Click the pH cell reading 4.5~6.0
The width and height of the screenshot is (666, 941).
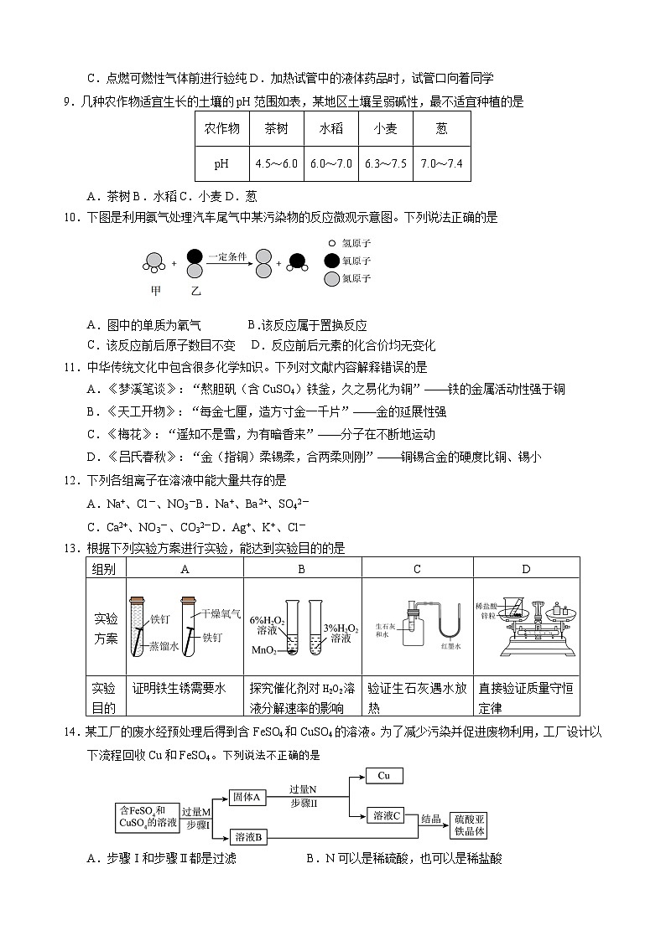277,163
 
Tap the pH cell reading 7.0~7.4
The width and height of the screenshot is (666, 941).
442,163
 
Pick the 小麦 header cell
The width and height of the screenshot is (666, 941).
386,129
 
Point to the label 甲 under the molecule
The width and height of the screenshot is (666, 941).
155,291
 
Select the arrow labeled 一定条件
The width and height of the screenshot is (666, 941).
227,263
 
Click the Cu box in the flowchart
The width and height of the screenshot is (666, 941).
384,776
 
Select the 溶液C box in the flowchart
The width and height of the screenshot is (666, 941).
388,815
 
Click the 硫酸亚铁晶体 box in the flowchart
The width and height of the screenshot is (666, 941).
469,824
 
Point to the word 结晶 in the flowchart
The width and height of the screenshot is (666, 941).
430,819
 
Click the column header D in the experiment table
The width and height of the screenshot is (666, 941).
526,569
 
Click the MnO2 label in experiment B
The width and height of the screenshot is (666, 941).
265,650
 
